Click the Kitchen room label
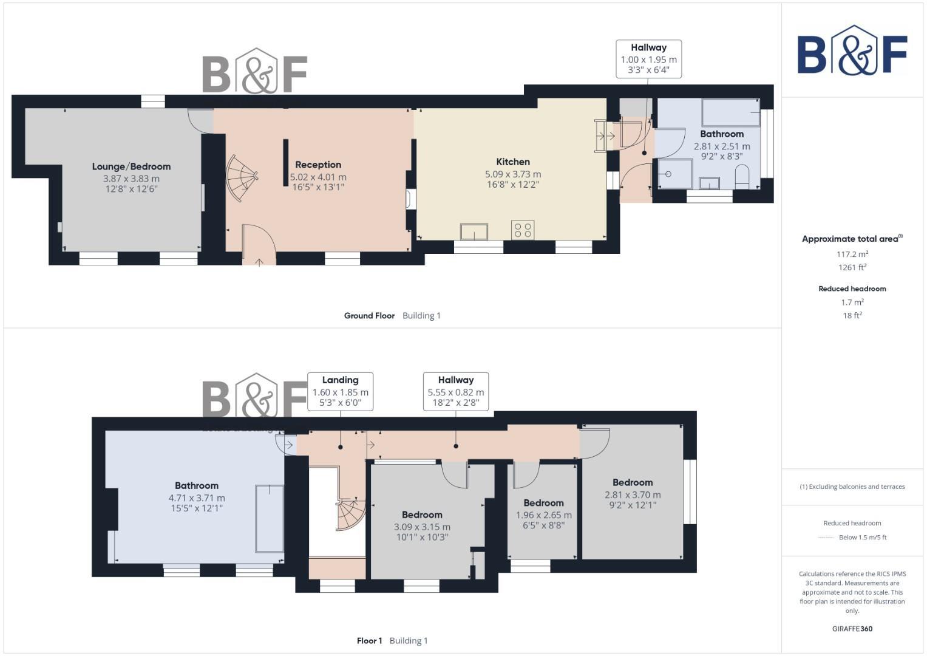[x=513, y=162]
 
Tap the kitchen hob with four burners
[x=523, y=230]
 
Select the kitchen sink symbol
[x=474, y=231]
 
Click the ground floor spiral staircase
[x=242, y=178]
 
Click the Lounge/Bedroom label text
[x=131, y=166]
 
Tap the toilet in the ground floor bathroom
[x=742, y=178]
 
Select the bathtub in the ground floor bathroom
[x=730, y=112]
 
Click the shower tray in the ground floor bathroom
[x=673, y=174]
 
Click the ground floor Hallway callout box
[x=648, y=59]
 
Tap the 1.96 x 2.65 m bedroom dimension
[x=543, y=515]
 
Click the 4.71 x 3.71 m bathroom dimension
[x=197, y=498]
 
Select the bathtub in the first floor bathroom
[x=269, y=518]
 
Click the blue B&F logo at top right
[x=852, y=51]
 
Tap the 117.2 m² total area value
[x=852, y=254]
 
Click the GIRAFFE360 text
[x=852, y=629]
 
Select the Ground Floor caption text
[x=369, y=316]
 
